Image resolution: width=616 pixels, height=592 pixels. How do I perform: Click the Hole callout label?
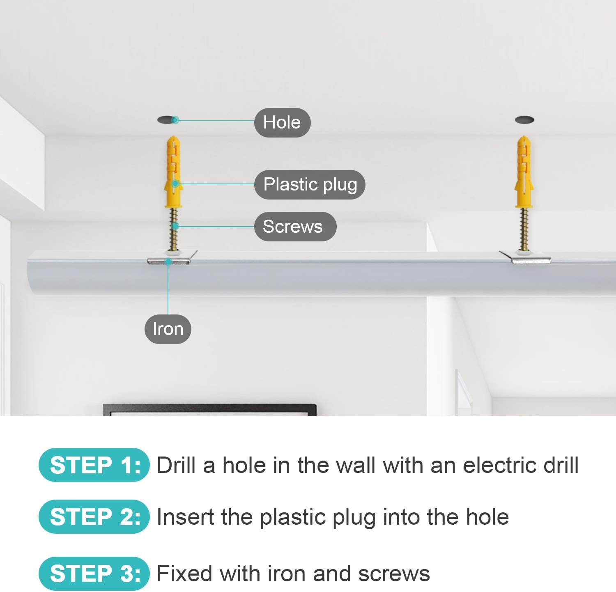coord(282,122)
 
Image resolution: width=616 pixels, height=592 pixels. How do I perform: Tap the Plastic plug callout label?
coord(310,184)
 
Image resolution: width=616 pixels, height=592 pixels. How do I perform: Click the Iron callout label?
coord(168,329)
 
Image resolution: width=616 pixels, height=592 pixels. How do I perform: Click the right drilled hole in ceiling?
coord(524,120)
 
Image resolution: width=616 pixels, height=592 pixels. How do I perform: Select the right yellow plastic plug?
coord(523,172)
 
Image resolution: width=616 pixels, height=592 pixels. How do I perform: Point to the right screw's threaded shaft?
coord(524,229)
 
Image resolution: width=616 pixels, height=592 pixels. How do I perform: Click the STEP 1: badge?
coord(94,465)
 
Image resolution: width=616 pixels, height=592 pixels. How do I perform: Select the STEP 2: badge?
coord(94,517)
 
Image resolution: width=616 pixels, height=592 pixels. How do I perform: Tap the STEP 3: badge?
coord(94,574)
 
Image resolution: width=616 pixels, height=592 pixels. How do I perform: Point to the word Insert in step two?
coord(186,517)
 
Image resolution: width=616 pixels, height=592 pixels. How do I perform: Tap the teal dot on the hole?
coord(175,120)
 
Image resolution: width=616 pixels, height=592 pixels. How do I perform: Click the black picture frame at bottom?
coord(209,409)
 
